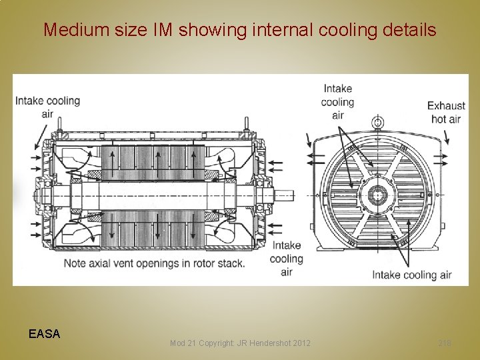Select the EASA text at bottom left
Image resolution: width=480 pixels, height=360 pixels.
point(45,334)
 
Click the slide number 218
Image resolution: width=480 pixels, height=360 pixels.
point(445,343)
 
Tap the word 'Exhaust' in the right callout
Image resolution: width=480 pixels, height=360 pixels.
point(446,105)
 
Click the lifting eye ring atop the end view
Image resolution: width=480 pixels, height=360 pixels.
point(379,122)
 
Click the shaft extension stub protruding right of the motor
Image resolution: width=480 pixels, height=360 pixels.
point(285,196)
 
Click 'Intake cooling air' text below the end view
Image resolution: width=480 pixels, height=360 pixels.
point(411,274)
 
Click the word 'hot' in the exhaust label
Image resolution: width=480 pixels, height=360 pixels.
point(439,119)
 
